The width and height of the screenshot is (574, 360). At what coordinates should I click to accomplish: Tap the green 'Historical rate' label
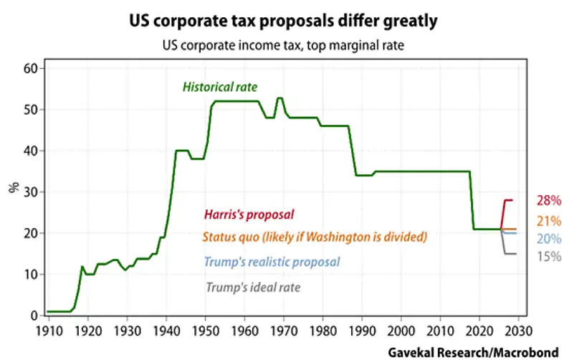pyautogui.click(x=219, y=87)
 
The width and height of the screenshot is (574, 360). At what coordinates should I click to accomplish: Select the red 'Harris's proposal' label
pyautogui.click(x=249, y=214)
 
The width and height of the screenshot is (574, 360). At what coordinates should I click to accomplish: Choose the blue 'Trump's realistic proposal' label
pyautogui.click(x=272, y=262)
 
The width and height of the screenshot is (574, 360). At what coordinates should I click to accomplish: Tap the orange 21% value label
pyautogui.click(x=548, y=221)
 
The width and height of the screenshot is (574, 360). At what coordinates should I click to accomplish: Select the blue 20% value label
pyautogui.click(x=548, y=239)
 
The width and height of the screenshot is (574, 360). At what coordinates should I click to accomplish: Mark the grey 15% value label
pyautogui.click(x=548, y=256)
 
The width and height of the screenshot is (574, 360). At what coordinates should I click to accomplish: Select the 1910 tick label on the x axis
pyautogui.click(x=47, y=331)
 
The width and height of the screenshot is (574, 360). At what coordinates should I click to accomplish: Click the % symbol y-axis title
pyautogui.click(x=13, y=189)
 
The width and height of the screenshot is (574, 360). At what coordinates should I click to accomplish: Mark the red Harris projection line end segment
pyautogui.click(x=510, y=200)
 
